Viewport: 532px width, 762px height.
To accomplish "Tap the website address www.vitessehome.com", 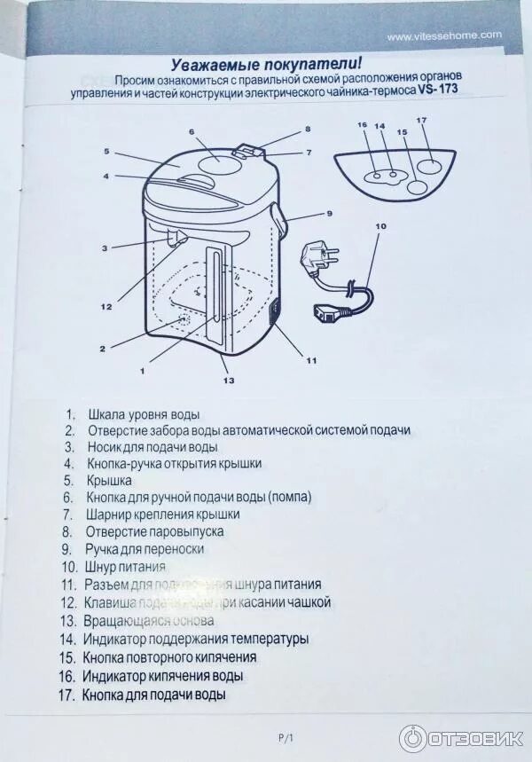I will pyautogui.click(x=444, y=35).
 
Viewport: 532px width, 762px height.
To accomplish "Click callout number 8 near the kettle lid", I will pyautogui.click(x=308, y=129).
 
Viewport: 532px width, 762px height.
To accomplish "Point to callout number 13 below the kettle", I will pyautogui.click(x=229, y=381).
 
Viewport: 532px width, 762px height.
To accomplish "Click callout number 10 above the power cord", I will pyautogui.click(x=380, y=226).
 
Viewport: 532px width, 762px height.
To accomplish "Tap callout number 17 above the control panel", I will pyautogui.click(x=421, y=120).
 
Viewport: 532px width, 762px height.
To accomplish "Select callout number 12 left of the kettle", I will pyautogui.click(x=106, y=307).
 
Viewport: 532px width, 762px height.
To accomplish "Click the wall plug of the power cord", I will pyautogui.click(x=319, y=258).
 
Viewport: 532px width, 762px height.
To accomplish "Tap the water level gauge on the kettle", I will pyautogui.click(x=215, y=293).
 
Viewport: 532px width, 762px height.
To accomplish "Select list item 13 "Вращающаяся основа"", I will pyautogui.click(x=149, y=620).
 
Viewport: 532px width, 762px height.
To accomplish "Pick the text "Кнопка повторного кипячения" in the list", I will pyautogui.click(x=169, y=657).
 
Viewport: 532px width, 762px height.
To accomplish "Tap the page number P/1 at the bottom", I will pyautogui.click(x=286, y=738).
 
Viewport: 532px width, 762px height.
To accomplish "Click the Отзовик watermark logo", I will pyautogui.click(x=461, y=738).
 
